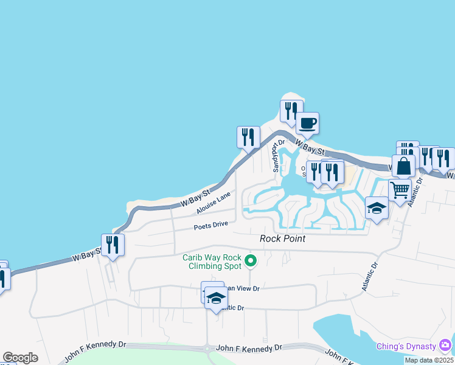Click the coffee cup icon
tap(307, 123)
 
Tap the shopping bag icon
tap(403, 165)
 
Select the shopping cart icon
tap(400, 190)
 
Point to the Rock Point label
tap(282, 238)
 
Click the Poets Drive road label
tap(210, 225)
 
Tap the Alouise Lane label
tap(214, 203)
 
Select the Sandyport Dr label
tap(278, 156)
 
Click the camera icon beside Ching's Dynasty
tap(446, 346)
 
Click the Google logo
tap(20, 358)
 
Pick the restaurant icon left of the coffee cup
tap(291, 111)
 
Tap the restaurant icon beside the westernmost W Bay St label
tap(113, 245)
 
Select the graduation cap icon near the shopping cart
tap(377, 209)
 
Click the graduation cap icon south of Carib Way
tap(216, 297)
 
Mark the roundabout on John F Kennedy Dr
tap(207, 349)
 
